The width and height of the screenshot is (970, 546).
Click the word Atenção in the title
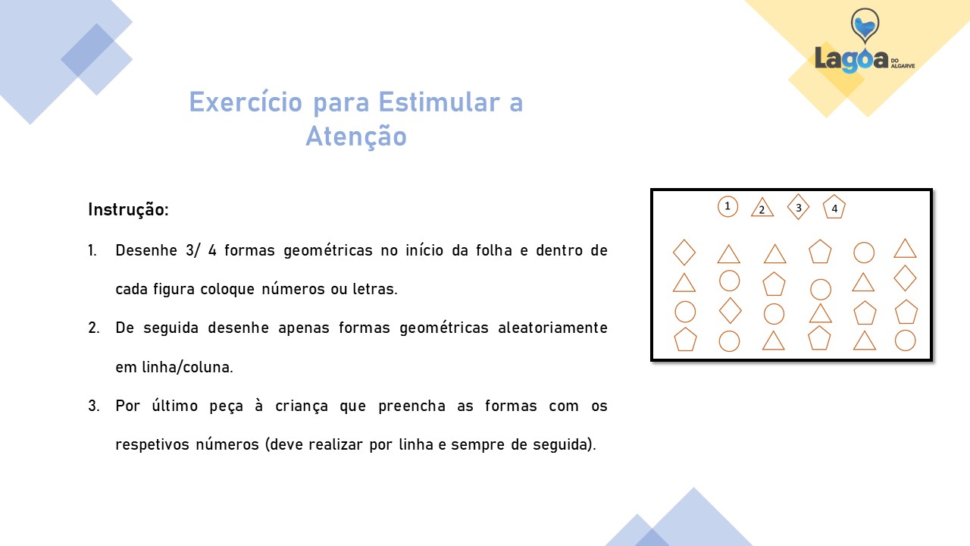(x=356, y=136)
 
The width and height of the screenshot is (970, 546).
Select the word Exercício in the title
(x=246, y=102)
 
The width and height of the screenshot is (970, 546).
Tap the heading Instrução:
(x=128, y=209)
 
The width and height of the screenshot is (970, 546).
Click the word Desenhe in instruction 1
(x=146, y=250)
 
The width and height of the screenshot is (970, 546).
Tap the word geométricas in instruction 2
(x=444, y=328)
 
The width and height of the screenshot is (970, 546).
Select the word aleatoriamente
(x=552, y=328)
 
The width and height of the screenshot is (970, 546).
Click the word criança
(x=302, y=406)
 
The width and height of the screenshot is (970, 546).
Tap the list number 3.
(x=93, y=406)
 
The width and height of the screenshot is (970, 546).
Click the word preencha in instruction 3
(x=411, y=406)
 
